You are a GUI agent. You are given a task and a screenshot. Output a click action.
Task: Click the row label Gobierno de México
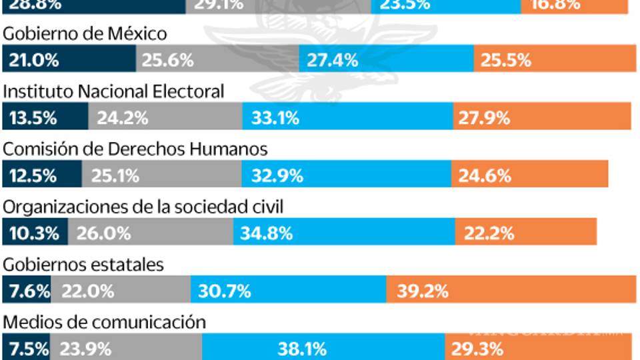tap(85, 33)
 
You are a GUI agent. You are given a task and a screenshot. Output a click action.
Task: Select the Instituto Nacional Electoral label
tap(114, 91)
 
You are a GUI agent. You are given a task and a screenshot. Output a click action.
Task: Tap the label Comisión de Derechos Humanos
tap(135, 149)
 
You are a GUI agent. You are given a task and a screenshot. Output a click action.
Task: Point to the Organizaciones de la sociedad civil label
tap(143, 207)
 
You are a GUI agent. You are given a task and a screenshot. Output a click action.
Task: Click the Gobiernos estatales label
tap(83, 264)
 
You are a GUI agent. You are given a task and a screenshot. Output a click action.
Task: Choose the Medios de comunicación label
tap(105, 322)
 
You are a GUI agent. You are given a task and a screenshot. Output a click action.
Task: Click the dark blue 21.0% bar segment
tap(69, 60)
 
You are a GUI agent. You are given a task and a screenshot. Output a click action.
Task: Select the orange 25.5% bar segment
tap(551, 60)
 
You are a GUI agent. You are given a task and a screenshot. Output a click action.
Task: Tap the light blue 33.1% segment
tap(348, 118)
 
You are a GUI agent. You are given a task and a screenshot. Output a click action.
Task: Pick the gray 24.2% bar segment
tap(165, 118)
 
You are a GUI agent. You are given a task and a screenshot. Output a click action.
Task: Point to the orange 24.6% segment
tap(529, 176)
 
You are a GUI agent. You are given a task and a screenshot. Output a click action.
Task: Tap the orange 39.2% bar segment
tap(509, 291)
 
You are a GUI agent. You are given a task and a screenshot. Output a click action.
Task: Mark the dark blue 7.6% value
tap(27, 291)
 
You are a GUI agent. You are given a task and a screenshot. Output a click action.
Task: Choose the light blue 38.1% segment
tap(323, 348)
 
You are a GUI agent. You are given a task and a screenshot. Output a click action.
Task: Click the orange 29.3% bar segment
tap(538, 348)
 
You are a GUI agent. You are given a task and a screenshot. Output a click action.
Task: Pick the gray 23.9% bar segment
tap(127, 348)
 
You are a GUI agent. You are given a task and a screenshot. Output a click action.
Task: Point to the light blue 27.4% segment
tap(387, 60)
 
